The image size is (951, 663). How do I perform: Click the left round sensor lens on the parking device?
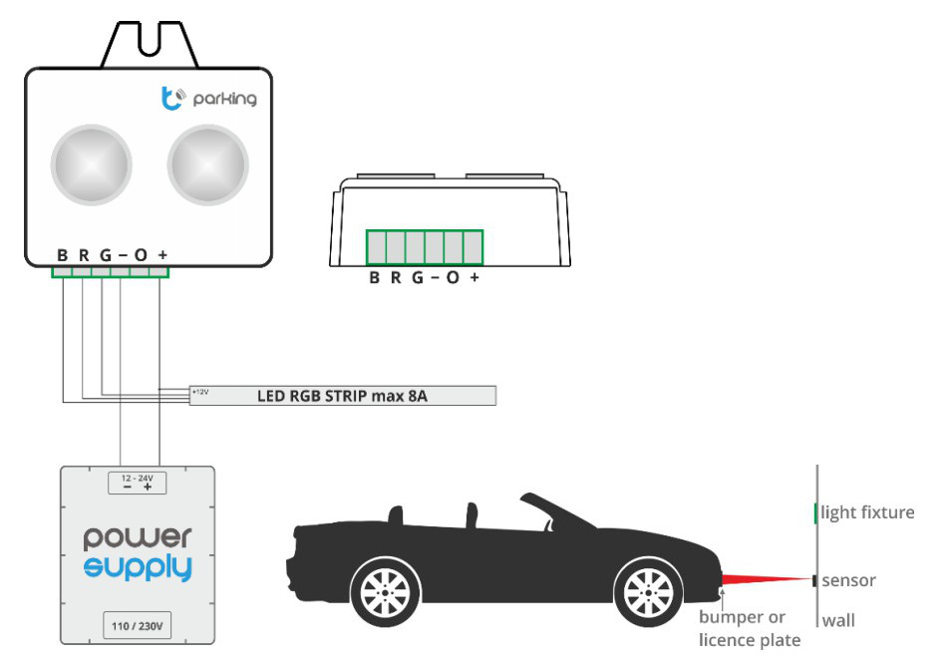pos(91,165)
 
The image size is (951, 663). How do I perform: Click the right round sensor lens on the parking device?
pos(207,165)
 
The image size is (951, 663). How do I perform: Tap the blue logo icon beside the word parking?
pos(172,99)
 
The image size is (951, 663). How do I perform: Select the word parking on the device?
pos(224,99)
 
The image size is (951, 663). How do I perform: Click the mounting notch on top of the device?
pos(150,43)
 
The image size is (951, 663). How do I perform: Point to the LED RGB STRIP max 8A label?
pos(342,396)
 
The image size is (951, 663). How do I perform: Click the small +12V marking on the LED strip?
pos(200,392)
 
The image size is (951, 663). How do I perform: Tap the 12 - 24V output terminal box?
pos(137,483)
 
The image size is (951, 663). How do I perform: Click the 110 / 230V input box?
pos(137,625)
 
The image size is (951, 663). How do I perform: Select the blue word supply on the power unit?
pos(138,567)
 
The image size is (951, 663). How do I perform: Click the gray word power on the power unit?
pos(138,538)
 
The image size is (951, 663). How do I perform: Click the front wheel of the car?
pos(648,592)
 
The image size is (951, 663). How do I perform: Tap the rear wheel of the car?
pos(385,592)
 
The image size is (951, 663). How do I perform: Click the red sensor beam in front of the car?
pos(767,580)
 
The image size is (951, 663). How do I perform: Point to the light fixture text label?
pos(867,512)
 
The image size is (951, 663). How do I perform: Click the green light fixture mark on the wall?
pos(815,513)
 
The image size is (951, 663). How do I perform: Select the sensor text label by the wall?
pos(848,580)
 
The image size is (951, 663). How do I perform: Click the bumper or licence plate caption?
pos(750,628)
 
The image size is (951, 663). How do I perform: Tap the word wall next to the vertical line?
pos(838,620)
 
